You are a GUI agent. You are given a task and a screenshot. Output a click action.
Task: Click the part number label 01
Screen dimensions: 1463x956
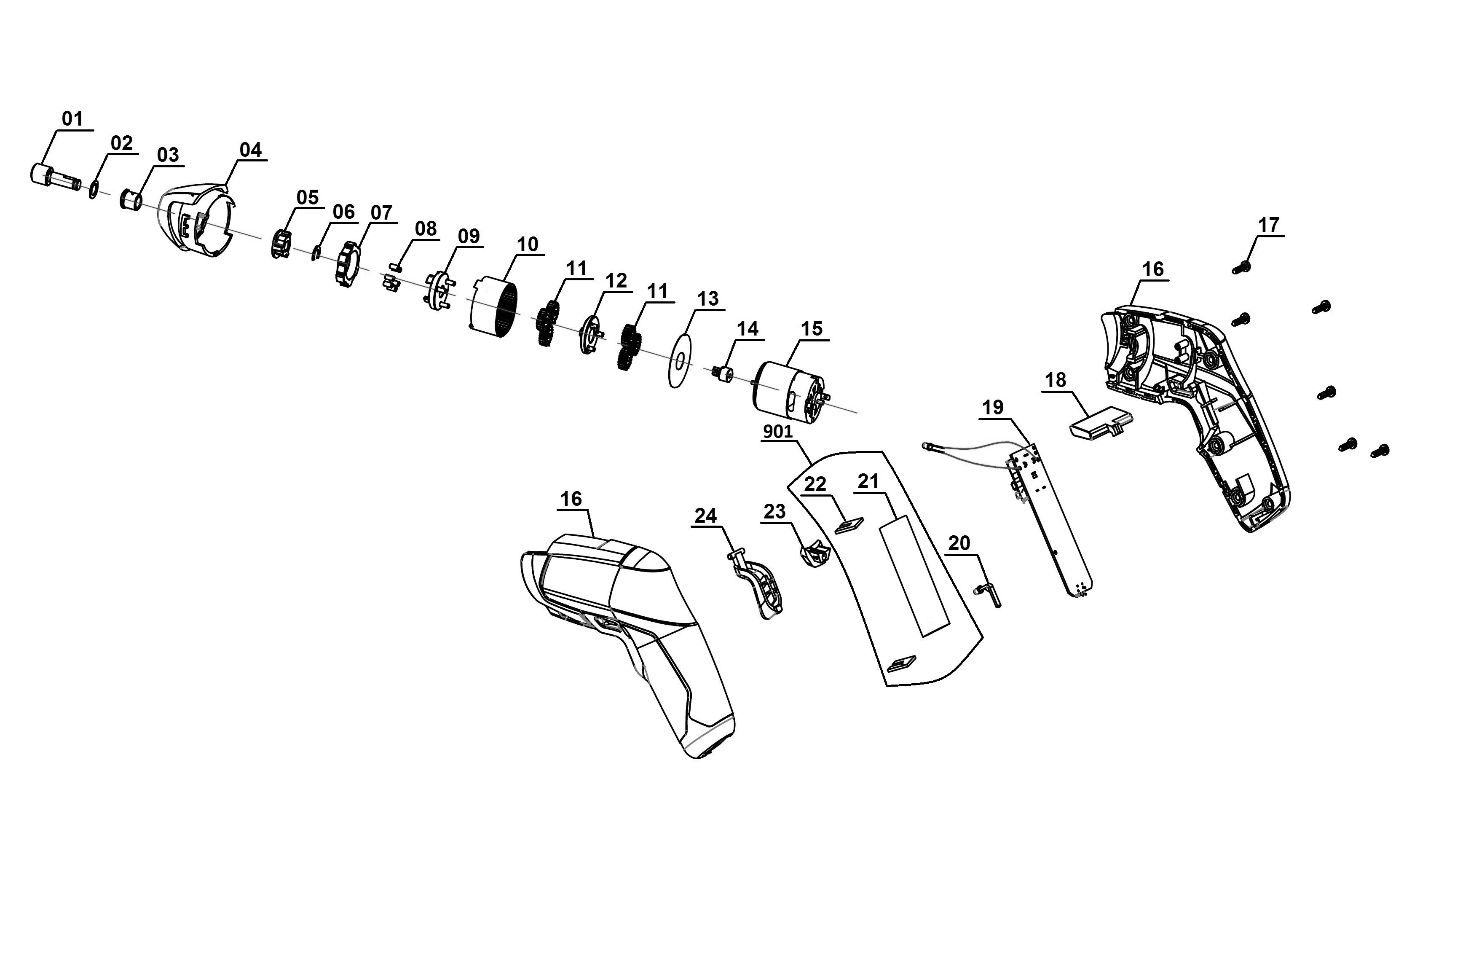coord(72,118)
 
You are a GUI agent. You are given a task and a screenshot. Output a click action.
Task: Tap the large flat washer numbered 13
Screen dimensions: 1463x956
coord(680,360)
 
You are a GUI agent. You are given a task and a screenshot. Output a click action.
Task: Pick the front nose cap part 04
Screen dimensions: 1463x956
coord(198,219)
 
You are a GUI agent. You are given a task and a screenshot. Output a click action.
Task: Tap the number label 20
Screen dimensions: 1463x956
coord(959,543)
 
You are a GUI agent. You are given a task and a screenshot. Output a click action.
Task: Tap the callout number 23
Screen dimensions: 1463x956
coord(774,511)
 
